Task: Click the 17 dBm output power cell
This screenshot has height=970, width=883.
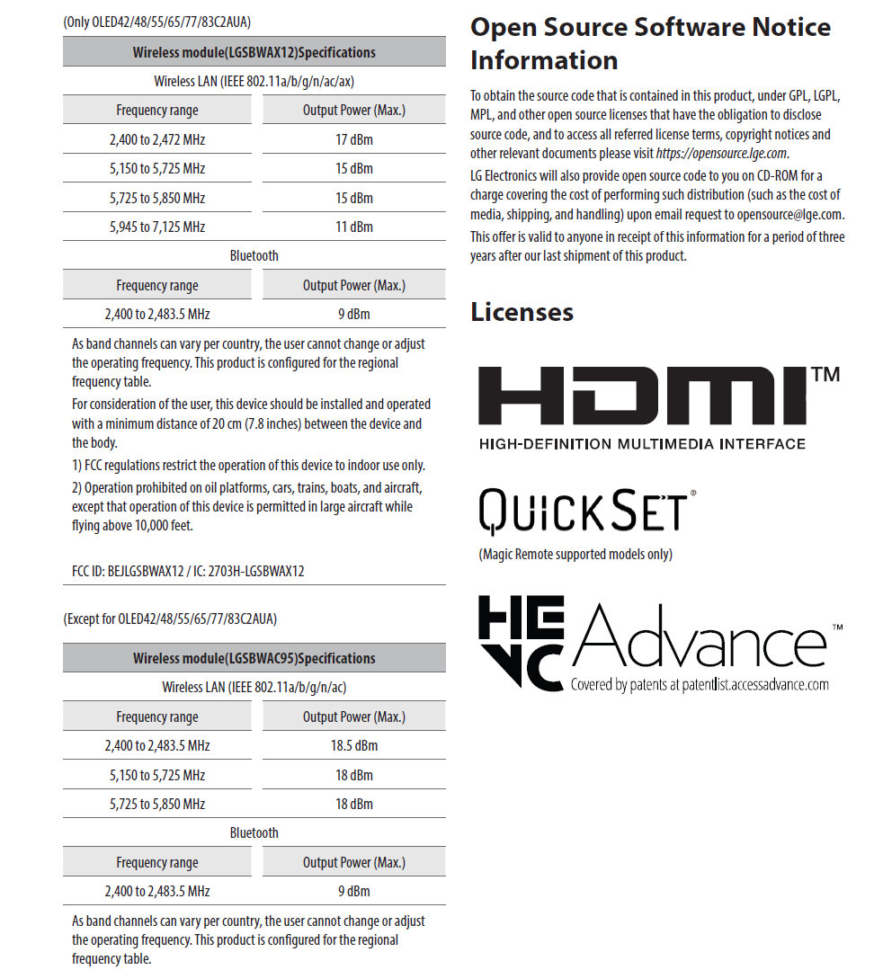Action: [x=354, y=139]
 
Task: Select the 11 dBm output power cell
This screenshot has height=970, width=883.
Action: [x=354, y=227]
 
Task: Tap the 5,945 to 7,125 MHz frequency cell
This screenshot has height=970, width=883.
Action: [x=157, y=227]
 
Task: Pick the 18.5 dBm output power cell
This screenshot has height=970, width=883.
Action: [x=354, y=745]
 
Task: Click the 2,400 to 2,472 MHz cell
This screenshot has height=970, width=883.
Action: [x=157, y=139]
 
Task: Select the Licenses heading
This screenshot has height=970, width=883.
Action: [x=522, y=312]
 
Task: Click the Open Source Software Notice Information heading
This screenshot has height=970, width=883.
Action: [x=650, y=43]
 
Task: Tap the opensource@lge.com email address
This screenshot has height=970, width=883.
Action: [x=789, y=215]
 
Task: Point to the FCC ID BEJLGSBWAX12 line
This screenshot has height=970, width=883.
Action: [x=188, y=571]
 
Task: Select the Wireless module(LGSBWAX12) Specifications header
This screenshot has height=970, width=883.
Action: [x=254, y=52]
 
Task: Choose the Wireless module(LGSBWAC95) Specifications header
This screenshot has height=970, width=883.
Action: [x=254, y=658]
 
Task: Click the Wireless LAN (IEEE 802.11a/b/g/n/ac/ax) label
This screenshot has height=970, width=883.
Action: [x=254, y=82]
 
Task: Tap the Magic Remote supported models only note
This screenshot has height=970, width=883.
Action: [x=575, y=554]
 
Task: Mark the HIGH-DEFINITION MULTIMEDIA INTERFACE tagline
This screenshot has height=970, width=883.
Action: [x=642, y=444]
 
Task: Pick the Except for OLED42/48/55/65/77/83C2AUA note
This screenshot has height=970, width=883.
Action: [x=170, y=618]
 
